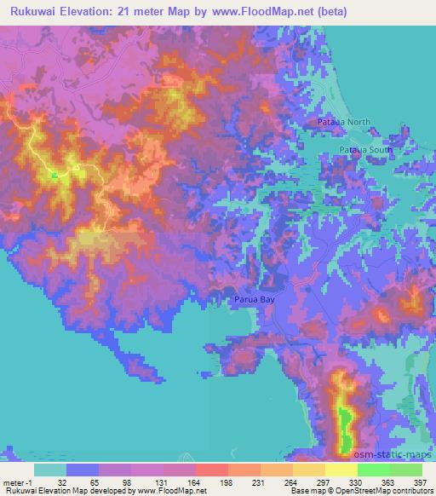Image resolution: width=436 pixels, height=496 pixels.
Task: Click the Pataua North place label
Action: tap(344, 122)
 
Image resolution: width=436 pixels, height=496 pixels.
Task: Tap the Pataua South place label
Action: tap(366, 150)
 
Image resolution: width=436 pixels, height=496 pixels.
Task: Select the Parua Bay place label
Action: tap(255, 299)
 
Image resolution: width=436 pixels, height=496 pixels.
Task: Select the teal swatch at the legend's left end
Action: tap(50, 470)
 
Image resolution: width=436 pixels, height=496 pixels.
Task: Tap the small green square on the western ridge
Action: tap(54, 176)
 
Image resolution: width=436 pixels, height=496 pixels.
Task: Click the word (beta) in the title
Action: tap(408, 10)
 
